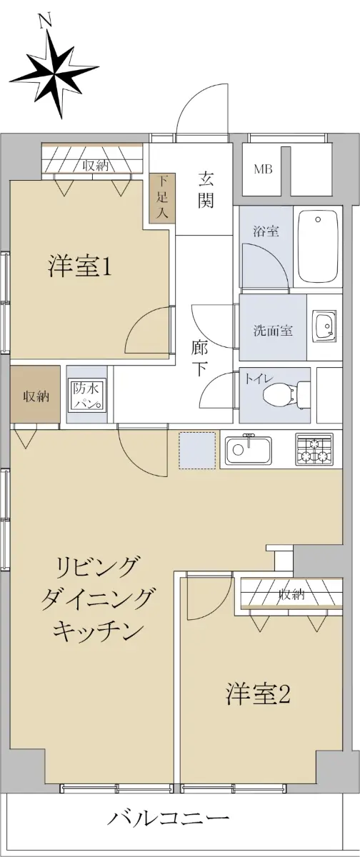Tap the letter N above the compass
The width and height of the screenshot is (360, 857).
[46, 21]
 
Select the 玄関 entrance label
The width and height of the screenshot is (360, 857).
[206, 190]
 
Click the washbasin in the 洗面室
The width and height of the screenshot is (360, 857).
[324, 325]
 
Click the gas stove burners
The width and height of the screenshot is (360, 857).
[314, 449]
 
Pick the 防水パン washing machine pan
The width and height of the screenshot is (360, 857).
[87, 395]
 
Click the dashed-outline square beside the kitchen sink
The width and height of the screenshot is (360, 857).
[197, 451]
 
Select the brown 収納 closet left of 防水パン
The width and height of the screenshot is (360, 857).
[35, 394]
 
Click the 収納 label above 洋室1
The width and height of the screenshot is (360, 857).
[95, 165]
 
